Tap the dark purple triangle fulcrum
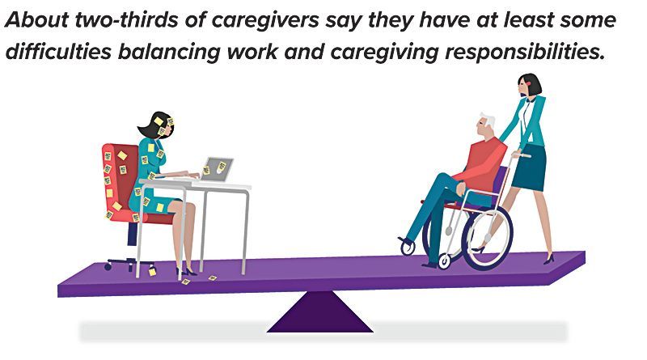coord(319,313)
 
